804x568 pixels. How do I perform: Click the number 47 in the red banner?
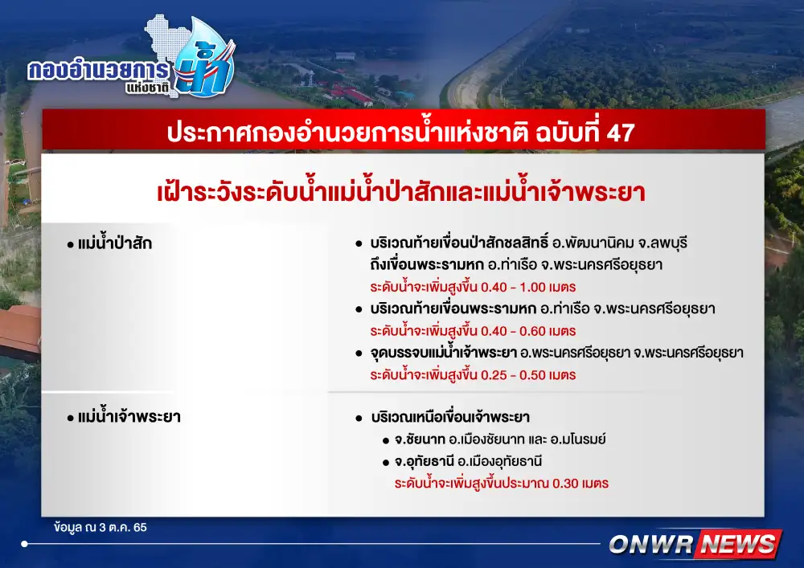(x=621, y=133)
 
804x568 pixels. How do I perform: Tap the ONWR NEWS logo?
(x=695, y=544)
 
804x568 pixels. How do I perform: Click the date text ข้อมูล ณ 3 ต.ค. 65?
(x=100, y=527)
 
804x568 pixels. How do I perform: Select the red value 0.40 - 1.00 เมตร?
(x=528, y=288)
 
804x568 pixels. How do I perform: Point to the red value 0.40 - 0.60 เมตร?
(x=528, y=331)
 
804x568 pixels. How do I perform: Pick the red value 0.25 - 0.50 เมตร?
(x=528, y=375)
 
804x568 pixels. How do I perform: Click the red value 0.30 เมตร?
(x=580, y=484)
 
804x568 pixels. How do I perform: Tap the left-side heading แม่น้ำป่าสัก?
(x=115, y=243)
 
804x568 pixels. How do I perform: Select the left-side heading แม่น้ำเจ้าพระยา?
(x=129, y=416)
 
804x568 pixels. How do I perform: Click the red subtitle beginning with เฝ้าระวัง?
(x=401, y=192)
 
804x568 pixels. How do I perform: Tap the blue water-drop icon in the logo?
(x=205, y=59)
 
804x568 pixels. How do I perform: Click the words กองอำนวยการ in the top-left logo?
(x=98, y=71)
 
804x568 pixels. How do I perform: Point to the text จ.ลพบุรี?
(x=662, y=243)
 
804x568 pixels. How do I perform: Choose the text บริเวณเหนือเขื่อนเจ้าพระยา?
(x=450, y=417)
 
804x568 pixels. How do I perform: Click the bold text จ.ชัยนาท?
(x=420, y=439)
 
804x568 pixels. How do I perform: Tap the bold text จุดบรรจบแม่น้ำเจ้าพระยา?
(x=444, y=353)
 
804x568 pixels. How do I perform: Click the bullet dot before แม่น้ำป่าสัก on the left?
(x=70, y=245)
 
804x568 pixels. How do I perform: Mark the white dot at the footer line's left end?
(x=25, y=544)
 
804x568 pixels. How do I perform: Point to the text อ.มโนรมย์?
(x=578, y=439)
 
